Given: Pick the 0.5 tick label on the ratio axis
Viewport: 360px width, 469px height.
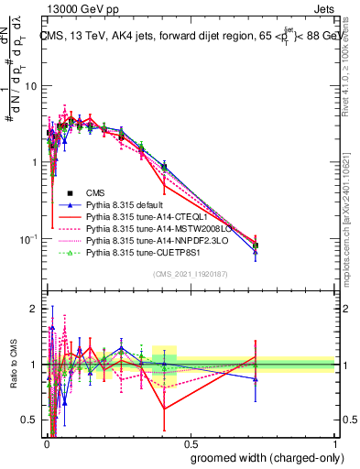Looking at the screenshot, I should (x=30, y=420).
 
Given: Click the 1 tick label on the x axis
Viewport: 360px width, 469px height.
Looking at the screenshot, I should (x=333, y=442).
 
